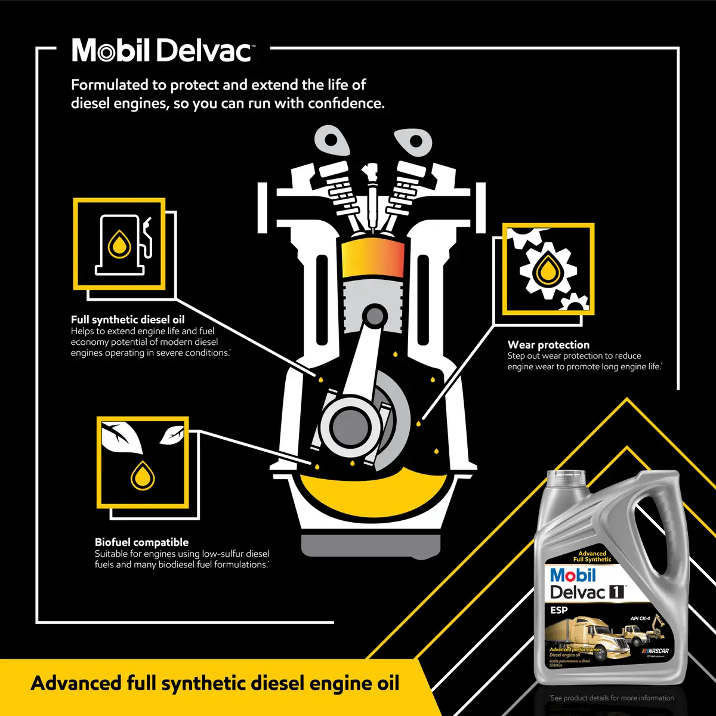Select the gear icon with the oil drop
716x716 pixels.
tap(548, 269)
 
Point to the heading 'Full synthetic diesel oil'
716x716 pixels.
tap(128, 320)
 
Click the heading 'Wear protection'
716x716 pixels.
tap(548, 345)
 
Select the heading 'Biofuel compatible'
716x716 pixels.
tap(141, 542)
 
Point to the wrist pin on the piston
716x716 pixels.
tap(375, 314)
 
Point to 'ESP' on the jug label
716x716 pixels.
tap(559, 610)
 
